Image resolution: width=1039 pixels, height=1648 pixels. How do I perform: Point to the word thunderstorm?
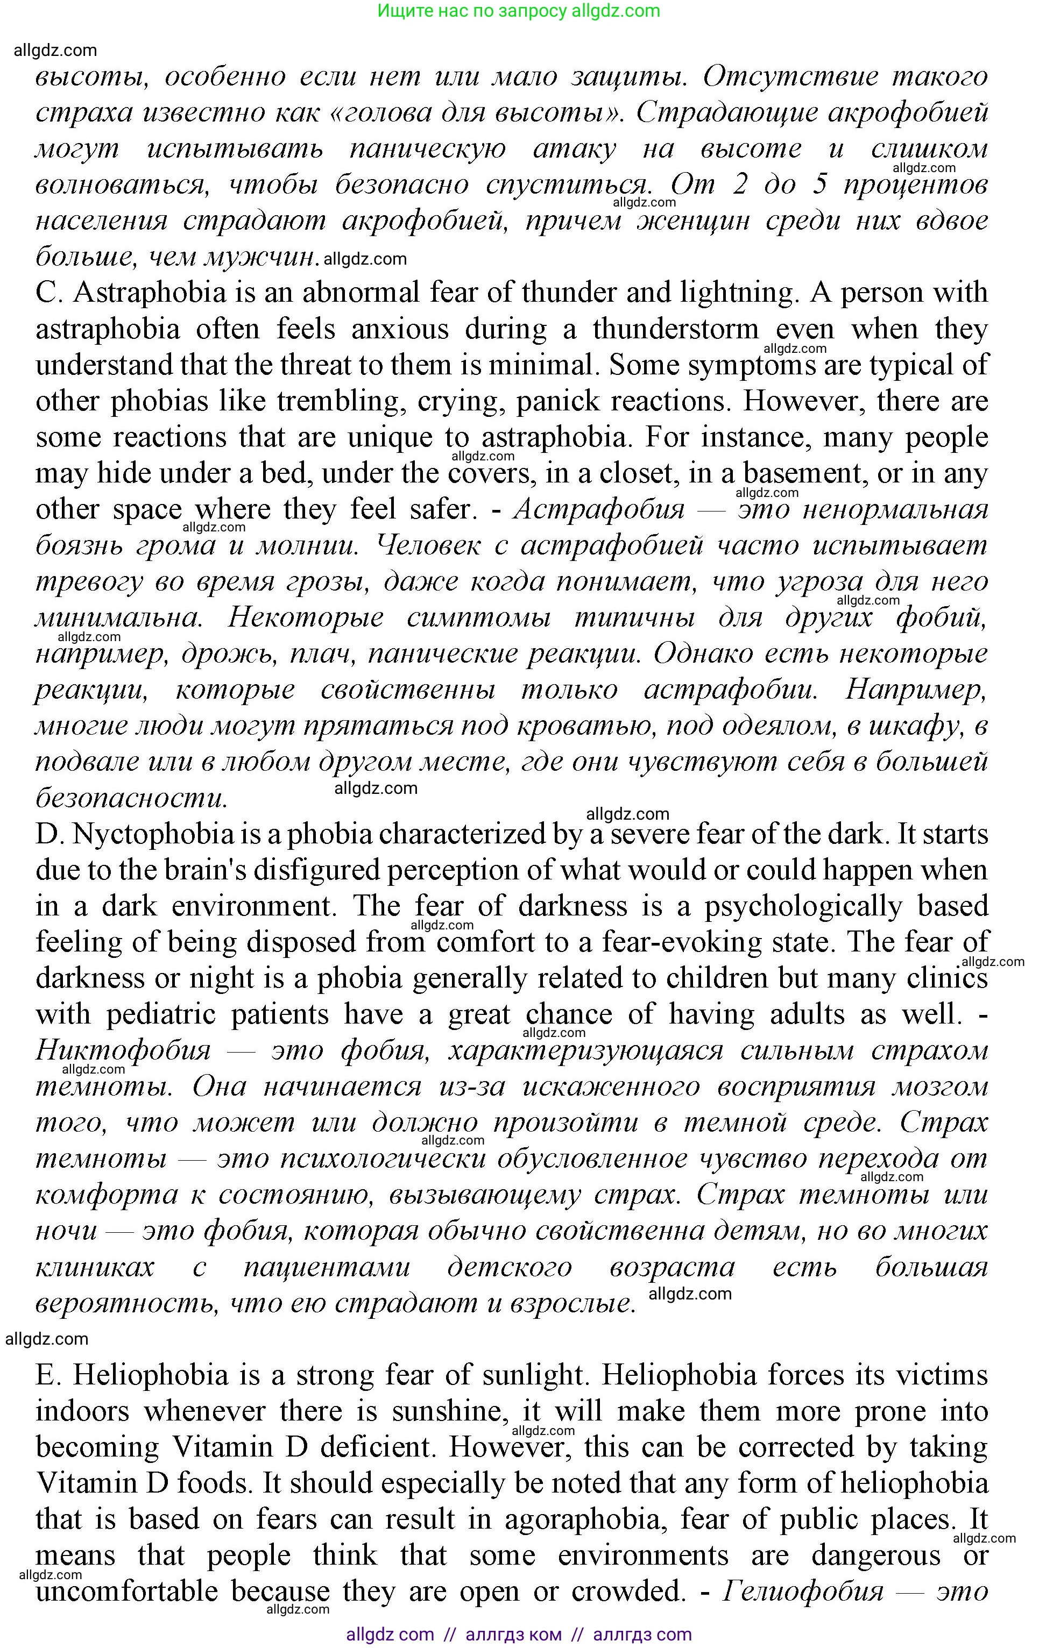pos(676,329)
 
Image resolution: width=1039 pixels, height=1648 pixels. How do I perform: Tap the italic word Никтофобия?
pos(123,1050)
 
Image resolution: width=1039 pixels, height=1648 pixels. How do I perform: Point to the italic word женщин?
pos(692,221)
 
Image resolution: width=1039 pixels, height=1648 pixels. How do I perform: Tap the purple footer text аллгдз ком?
pos(513,1635)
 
